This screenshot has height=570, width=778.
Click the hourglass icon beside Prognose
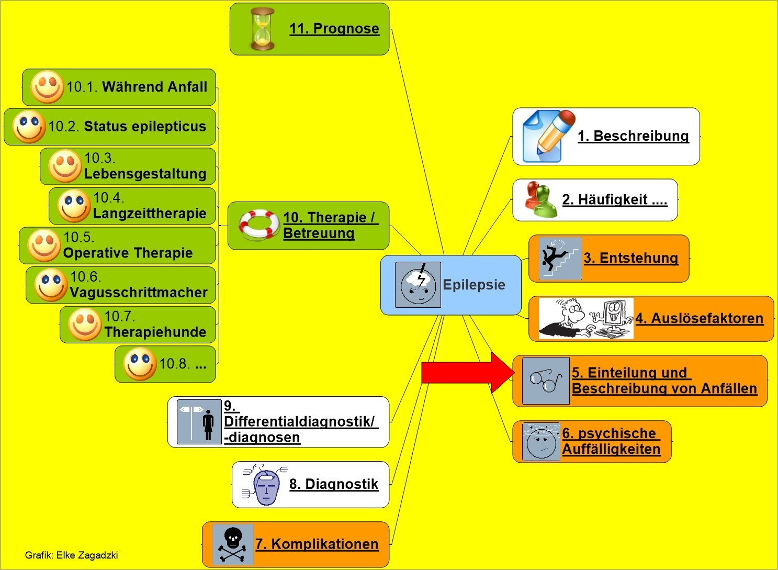(x=262, y=29)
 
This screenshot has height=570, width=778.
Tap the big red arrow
(x=466, y=373)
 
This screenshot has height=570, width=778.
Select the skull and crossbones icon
(x=233, y=544)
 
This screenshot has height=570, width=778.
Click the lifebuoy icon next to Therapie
(x=259, y=225)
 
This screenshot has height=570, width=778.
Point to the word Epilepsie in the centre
(x=474, y=285)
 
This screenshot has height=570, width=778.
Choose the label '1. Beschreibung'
(x=633, y=136)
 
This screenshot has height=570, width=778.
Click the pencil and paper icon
(x=547, y=136)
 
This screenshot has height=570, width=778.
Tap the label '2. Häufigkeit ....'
(x=615, y=199)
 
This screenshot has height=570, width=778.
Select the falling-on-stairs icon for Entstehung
(x=560, y=259)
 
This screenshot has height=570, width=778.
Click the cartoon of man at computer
(x=586, y=318)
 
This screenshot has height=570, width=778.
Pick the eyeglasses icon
(x=546, y=381)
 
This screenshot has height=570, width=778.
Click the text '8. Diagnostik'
(x=334, y=484)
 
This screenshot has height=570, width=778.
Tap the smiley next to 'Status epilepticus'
(x=29, y=127)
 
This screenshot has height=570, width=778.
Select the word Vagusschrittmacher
(x=139, y=293)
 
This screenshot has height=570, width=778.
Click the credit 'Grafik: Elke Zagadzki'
(x=72, y=555)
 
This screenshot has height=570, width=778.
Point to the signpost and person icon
(x=199, y=422)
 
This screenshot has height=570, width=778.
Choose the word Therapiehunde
(x=155, y=332)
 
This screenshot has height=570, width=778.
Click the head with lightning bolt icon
(x=418, y=284)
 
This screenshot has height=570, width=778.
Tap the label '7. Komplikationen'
(x=317, y=544)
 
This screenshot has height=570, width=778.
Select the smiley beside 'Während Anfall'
(x=47, y=87)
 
